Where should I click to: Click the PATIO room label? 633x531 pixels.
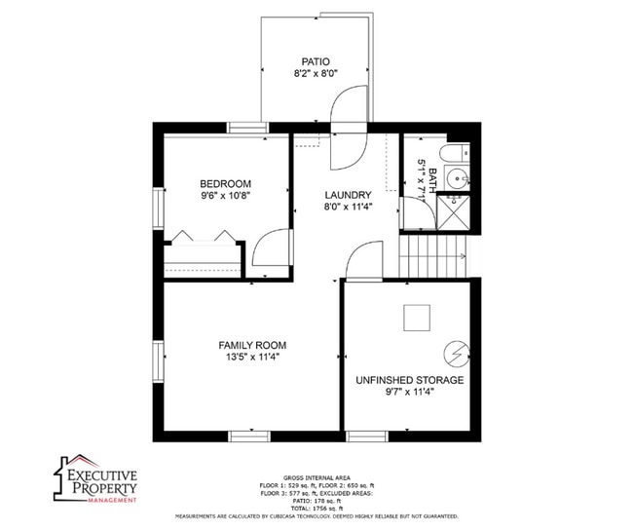click(x=315, y=60)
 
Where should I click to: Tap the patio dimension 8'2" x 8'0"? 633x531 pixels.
click(x=315, y=73)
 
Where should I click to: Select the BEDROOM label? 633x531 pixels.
click(x=226, y=184)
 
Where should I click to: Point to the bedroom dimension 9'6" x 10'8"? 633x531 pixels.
click(x=226, y=196)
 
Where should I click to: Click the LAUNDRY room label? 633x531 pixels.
click(x=348, y=195)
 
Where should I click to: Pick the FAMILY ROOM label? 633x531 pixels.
click(x=252, y=345)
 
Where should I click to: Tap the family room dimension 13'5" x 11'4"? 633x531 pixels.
click(x=252, y=358)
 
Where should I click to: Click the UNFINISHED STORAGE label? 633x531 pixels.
click(x=409, y=380)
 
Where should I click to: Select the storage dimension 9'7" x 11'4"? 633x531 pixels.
click(x=409, y=392)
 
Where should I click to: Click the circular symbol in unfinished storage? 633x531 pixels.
click(x=455, y=352)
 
